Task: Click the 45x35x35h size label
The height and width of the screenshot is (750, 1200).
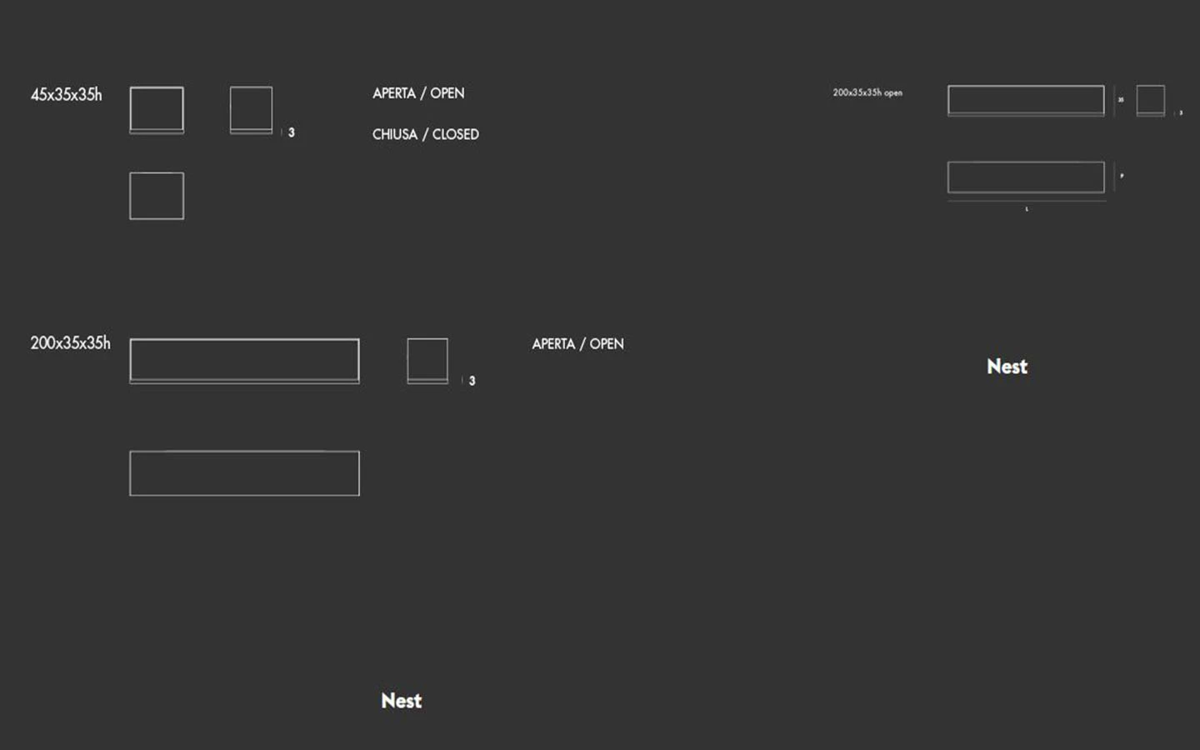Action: point(67,95)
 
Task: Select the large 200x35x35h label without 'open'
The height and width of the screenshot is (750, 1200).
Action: point(70,343)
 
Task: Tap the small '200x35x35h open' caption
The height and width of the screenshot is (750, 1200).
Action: point(867,92)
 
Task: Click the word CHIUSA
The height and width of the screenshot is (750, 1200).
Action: point(394,134)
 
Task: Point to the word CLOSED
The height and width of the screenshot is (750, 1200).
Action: point(455,134)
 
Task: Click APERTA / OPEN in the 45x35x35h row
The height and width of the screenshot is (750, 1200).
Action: point(418,93)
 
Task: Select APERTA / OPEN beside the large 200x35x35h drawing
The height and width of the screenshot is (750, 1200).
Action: point(577,344)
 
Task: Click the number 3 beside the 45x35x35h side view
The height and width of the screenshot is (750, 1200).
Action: point(291,132)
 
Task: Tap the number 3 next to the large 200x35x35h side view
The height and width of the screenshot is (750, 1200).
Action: point(472,381)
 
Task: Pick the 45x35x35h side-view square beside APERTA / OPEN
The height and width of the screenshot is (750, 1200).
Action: point(251,109)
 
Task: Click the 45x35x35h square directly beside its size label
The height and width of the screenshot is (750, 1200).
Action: point(157,109)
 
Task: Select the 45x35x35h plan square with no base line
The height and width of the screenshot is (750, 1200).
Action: point(157,196)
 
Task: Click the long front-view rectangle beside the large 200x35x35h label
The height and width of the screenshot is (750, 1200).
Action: point(244,360)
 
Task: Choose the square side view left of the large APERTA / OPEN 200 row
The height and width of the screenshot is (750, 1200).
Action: point(427,360)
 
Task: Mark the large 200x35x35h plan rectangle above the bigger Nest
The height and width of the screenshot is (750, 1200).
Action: point(244,473)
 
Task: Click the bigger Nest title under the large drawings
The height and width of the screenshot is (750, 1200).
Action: point(401,701)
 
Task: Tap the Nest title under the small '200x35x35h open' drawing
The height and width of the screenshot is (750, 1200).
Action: point(1007,367)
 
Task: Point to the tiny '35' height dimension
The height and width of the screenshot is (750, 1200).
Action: point(1121,100)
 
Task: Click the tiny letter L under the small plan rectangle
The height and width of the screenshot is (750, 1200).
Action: point(1027,209)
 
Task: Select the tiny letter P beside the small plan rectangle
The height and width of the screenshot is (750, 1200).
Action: point(1122,176)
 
